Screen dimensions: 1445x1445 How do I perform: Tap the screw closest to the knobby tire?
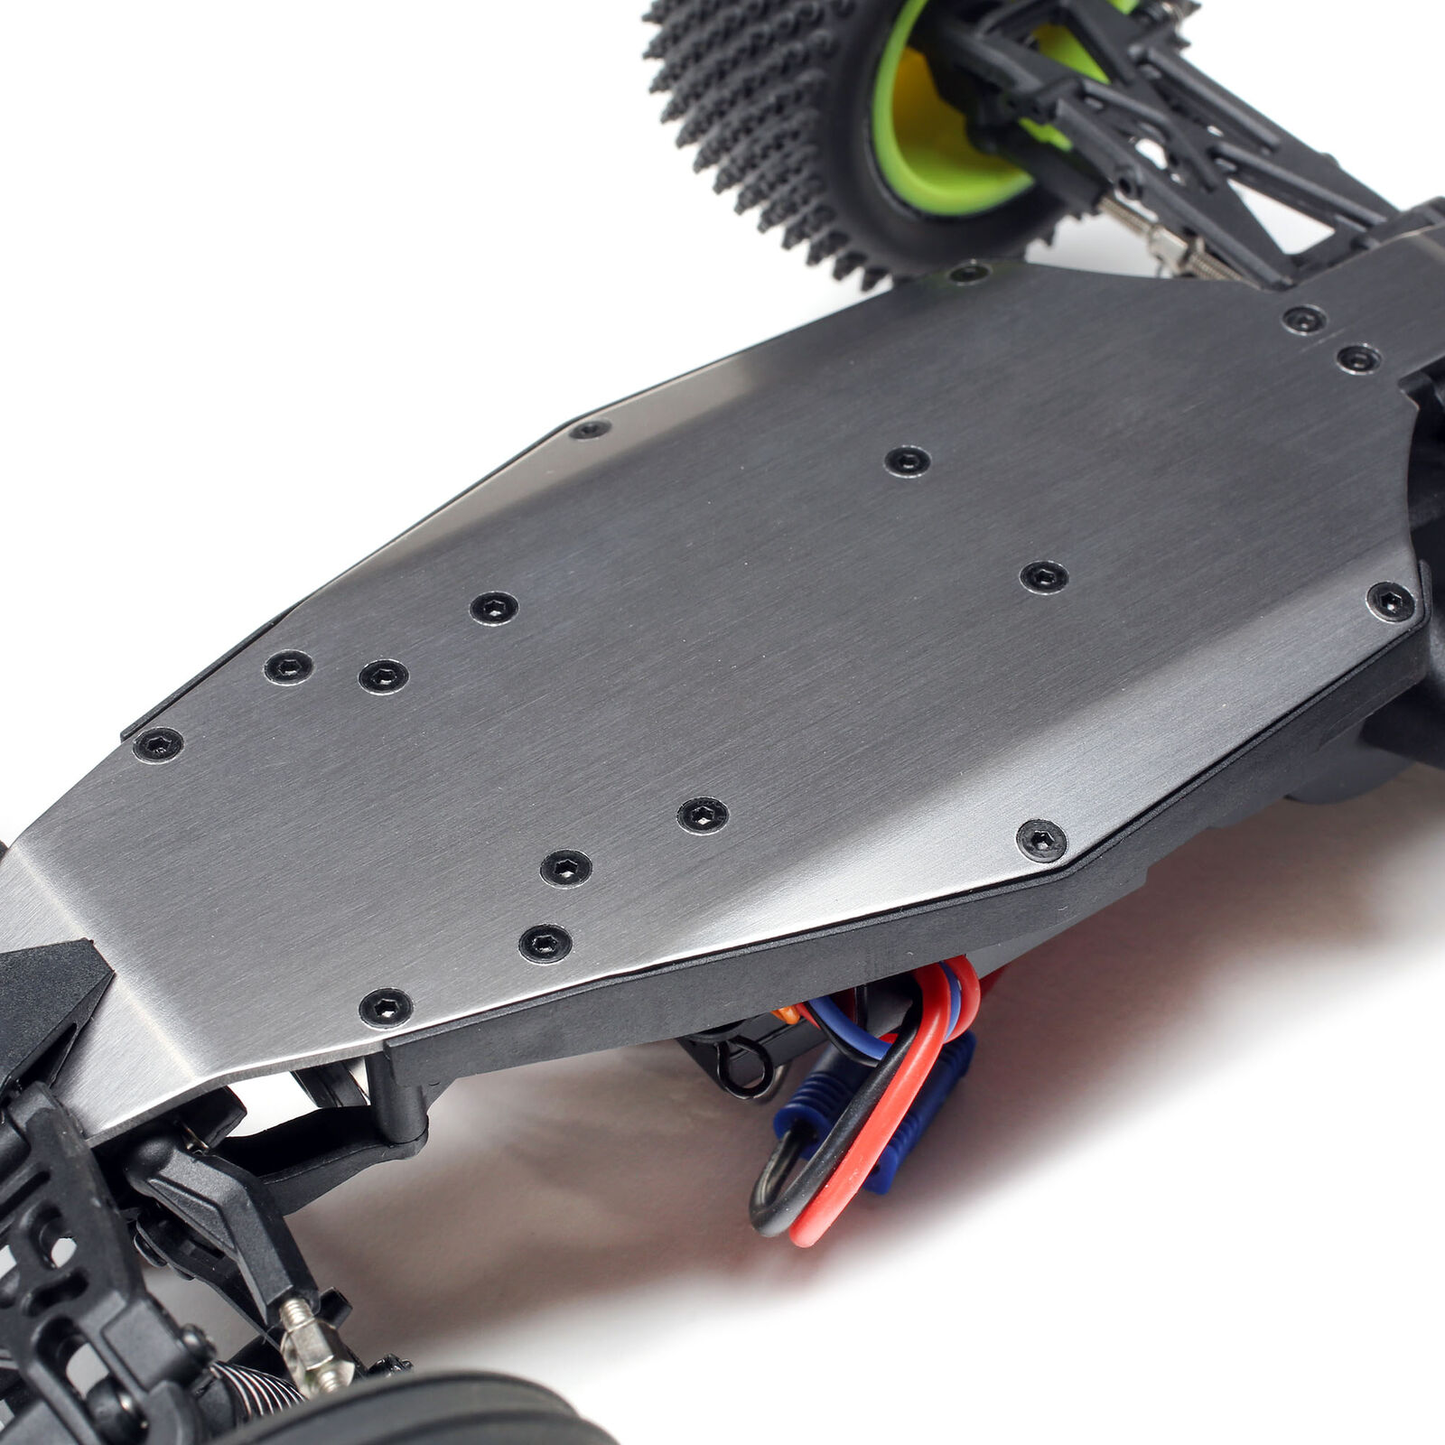968,271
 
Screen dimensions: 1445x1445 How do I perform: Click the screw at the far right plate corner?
1391,601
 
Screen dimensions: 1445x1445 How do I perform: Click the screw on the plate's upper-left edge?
590,429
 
